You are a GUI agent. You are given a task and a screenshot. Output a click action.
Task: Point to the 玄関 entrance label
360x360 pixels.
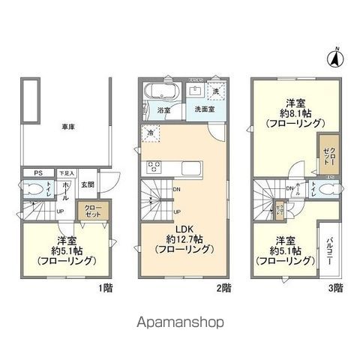click(88, 185)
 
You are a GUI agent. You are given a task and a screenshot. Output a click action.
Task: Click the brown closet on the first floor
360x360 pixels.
click(94, 211)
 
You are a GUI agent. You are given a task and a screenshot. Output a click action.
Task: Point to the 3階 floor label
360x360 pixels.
click(334, 287)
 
